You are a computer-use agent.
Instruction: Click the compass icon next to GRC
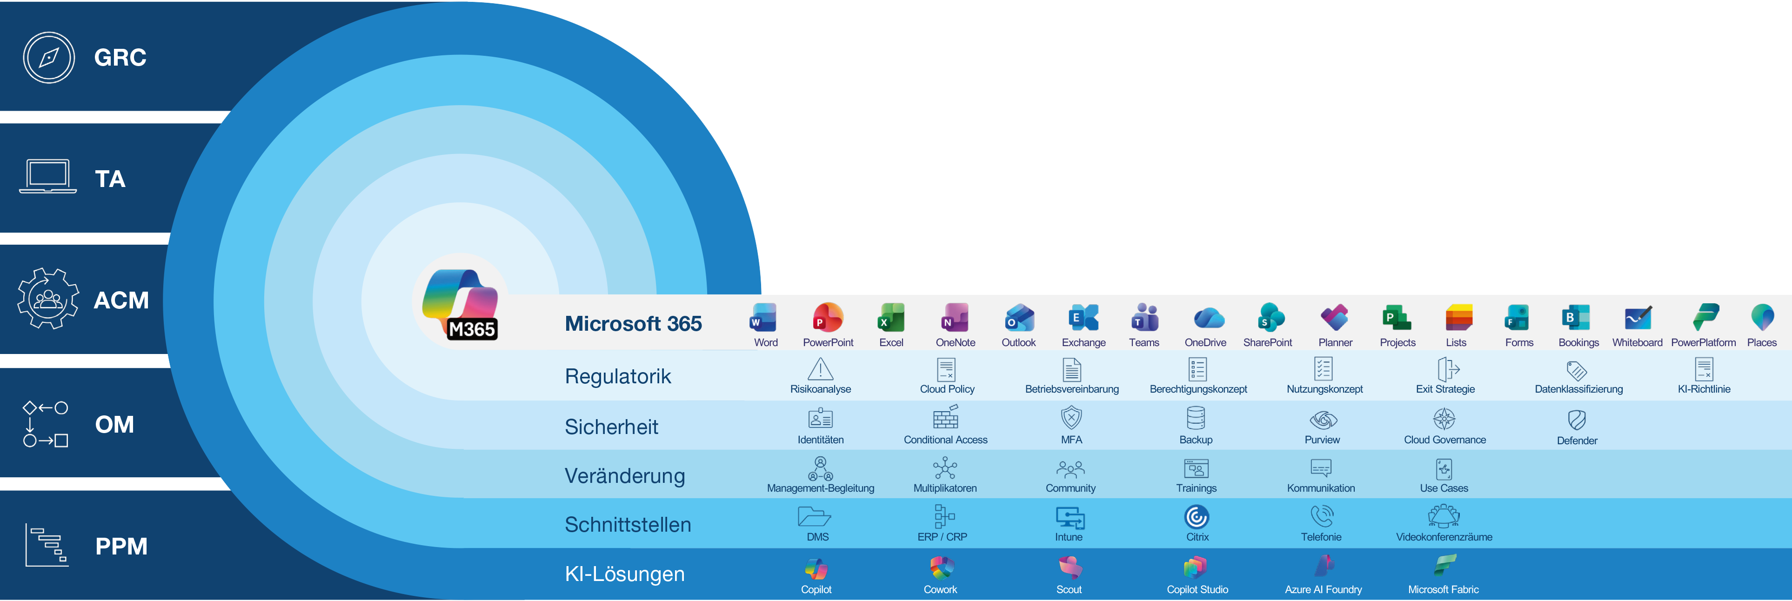tap(49, 58)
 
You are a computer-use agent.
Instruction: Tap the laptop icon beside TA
tap(48, 176)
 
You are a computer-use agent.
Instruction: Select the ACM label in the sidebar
tap(121, 300)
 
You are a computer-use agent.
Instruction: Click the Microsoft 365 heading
tap(633, 323)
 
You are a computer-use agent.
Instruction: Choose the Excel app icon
tap(891, 318)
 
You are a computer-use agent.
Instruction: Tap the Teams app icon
tap(1144, 317)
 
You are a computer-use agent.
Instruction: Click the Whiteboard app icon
tap(1638, 318)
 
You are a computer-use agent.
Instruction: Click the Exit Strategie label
tap(1445, 389)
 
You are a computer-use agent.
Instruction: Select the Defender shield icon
tap(1577, 420)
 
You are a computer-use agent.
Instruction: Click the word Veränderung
tap(625, 476)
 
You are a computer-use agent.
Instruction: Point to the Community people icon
tap(1070, 469)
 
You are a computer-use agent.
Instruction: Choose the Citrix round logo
tap(1197, 517)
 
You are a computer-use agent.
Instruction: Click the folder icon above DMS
tap(815, 516)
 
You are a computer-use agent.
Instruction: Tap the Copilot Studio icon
tap(1195, 568)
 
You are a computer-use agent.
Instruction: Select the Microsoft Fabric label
tap(1444, 589)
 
